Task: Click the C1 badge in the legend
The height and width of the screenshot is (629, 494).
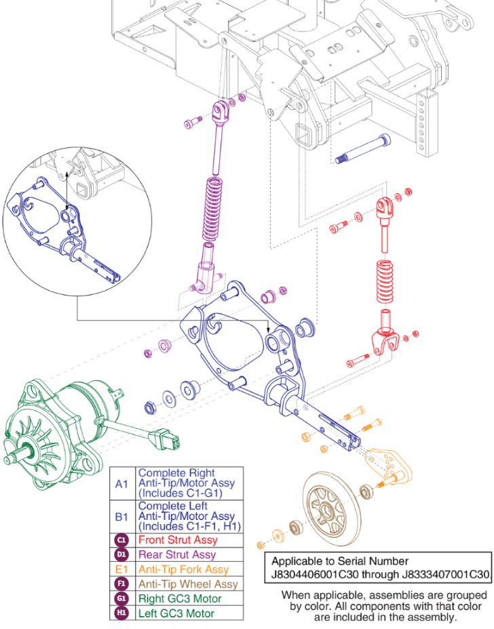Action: pos(121,540)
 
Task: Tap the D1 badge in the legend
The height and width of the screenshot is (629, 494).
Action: pos(121,555)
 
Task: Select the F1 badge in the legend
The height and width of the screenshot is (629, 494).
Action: pos(121,584)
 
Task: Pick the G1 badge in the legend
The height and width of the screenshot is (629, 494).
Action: pos(121,598)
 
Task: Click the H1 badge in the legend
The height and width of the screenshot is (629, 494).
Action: pos(121,613)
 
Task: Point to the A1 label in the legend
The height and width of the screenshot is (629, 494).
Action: pos(121,484)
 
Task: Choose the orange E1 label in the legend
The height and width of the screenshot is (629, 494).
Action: pos(121,569)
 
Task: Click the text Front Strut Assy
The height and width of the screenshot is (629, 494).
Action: pos(178,540)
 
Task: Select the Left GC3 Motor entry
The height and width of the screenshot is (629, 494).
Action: pos(176,613)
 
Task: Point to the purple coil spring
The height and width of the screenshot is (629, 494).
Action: pos(213,211)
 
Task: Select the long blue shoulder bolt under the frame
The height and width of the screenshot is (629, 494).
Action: pos(362,149)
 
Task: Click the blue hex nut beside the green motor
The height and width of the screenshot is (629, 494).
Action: pos(151,408)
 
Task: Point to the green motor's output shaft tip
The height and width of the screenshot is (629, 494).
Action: pos(7,460)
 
